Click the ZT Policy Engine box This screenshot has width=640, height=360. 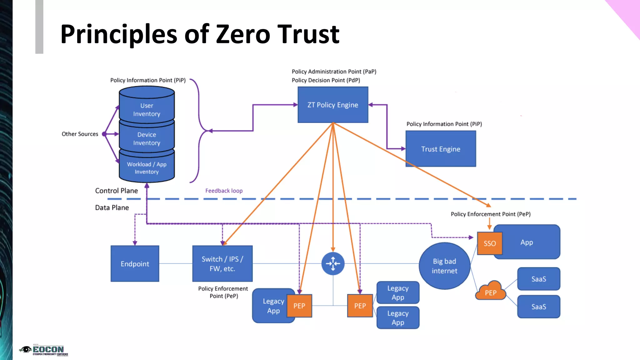pyautogui.click(x=333, y=105)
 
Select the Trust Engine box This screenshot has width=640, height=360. pyautogui.click(x=441, y=149)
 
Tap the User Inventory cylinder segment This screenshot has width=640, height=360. pyautogui.click(x=147, y=109)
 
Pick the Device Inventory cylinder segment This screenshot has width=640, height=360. pyautogui.click(x=147, y=138)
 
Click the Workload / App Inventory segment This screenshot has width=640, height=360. pyautogui.click(x=147, y=168)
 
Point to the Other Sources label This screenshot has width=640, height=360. pyautogui.click(x=80, y=134)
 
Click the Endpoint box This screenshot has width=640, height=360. pyautogui.click(x=135, y=263)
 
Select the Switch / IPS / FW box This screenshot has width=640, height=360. pyautogui.click(x=222, y=263)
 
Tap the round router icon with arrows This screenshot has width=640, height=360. pyautogui.click(x=333, y=263)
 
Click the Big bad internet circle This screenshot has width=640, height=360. pyautogui.click(x=444, y=266)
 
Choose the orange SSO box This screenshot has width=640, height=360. pyautogui.click(x=489, y=243)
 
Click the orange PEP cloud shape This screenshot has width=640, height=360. pyautogui.click(x=490, y=292)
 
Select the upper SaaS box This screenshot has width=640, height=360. pyautogui.click(x=538, y=279)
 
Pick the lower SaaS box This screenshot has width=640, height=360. pyautogui.click(x=538, y=307)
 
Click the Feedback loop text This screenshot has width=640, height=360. pyautogui.click(x=224, y=191)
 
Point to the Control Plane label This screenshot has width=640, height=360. pyautogui.click(x=116, y=191)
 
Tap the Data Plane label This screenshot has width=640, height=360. pyautogui.click(x=112, y=207)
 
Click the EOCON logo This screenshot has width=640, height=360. pyautogui.click(x=44, y=350)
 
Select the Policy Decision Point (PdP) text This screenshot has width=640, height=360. pyautogui.click(x=326, y=80)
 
